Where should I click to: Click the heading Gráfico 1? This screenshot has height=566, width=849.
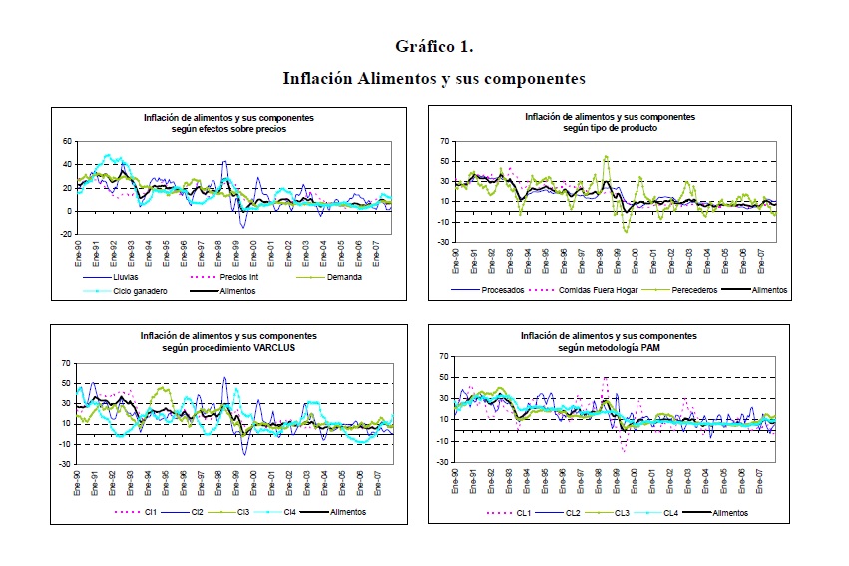[433, 47]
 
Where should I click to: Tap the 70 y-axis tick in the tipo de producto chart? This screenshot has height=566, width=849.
[443, 141]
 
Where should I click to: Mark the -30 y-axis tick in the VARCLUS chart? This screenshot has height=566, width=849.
[65, 464]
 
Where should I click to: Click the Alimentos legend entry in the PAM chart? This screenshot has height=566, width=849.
[728, 513]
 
